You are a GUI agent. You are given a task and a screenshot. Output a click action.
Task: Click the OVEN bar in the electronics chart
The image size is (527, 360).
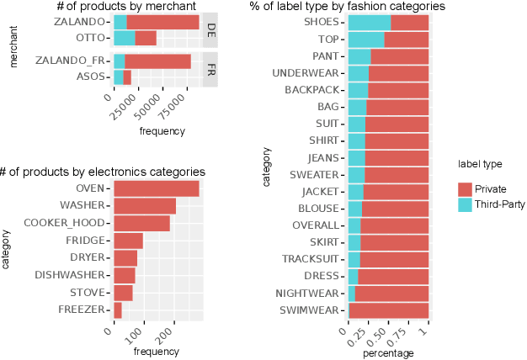pyautogui.click(x=157, y=188)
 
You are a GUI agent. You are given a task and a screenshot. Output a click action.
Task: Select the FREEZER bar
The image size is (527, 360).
pyautogui.click(x=118, y=310)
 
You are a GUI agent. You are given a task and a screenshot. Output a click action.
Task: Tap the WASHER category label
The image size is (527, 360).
pyautogui.click(x=83, y=205)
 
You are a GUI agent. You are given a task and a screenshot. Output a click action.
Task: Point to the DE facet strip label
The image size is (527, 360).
pyautogui.click(x=210, y=30)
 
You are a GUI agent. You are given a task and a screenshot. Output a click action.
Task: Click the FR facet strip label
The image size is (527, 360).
pyautogui.click(x=210, y=69)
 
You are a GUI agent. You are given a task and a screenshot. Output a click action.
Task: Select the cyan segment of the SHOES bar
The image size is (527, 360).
pyautogui.click(x=369, y=22)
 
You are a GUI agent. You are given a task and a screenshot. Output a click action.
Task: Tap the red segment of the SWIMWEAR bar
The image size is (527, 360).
pyautogui.click(x=389, y=311)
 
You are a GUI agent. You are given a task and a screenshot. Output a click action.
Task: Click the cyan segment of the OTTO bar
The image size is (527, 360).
pyautogui.click(x=124, y=38)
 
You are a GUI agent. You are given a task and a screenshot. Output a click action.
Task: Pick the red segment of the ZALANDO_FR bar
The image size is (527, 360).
pyautogui.click(x=157, y=61)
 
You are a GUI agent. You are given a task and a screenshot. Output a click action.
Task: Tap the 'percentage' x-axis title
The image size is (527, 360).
pyautogui.click(x=388, y=354)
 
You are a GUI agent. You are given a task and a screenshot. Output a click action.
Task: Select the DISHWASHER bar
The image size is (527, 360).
pyautogui.click(x=125, y=275)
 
